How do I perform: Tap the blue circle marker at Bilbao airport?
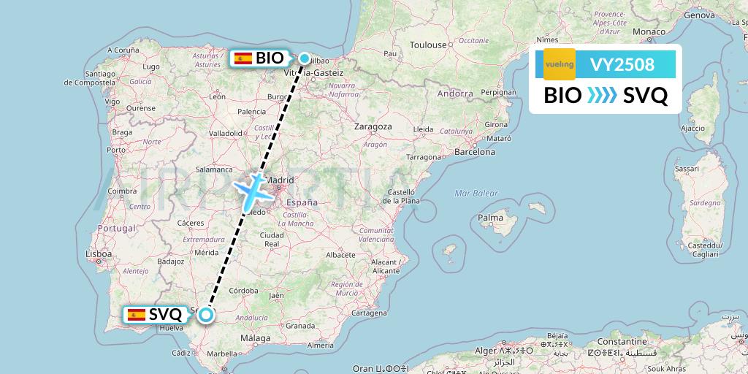click(304, 58)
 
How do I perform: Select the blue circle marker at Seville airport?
click(206, 315)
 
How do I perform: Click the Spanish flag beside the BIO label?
click(243, 58)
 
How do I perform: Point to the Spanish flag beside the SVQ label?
click(136, 315)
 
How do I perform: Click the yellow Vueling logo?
click(559, 64)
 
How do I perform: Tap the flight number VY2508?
click(622, 65)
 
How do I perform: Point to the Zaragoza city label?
click(373, 126)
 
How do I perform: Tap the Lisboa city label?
click(98, 254)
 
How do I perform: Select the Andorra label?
click(454, 93)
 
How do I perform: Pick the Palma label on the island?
click(490, 218)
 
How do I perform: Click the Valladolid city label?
click(225, 134)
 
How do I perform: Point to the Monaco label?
click(649, 31)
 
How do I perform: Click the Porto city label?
click(116, 150)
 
